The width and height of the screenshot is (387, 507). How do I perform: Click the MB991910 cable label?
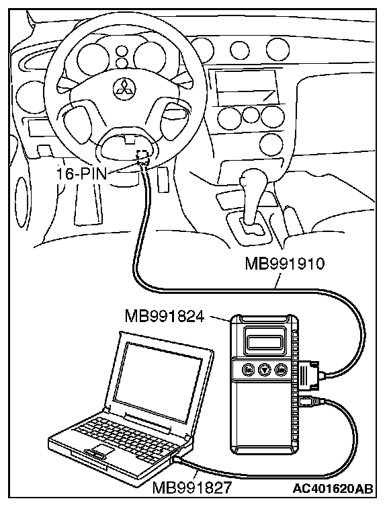[x=284, y=264]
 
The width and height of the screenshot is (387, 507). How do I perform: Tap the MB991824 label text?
[x=165, y=316]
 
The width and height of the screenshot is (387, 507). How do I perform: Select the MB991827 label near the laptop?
[x=192, y=487]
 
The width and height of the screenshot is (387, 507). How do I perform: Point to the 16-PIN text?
[x=81, y=175]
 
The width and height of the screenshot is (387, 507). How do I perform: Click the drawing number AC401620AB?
[x=333, y=489]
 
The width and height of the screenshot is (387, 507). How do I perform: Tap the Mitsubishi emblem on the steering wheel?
[x=125, y=87]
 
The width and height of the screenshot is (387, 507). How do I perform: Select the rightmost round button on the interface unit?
[x=279, y=368]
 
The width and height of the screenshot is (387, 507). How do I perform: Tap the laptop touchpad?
[x=102, y=450]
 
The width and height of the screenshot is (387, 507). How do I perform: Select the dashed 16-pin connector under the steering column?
[x=143, y=157]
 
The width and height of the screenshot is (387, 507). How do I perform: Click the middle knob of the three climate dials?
[x=250, y=114]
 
